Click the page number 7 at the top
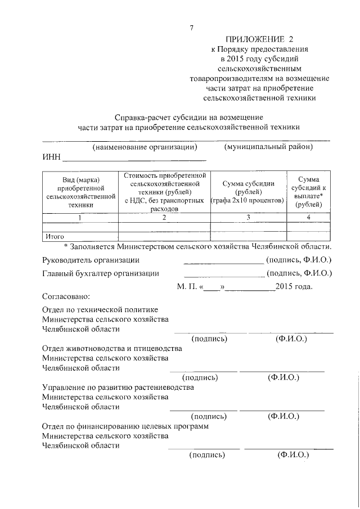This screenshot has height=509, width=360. pyautogui.click(x=192, y=28)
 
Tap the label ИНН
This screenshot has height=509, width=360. pyautogui.click(x=51, y=157)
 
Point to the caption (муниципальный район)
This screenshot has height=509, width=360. pyautogui.click(x=268, y=147)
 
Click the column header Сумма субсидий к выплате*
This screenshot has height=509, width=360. pyautogui.click(x=308, y=191)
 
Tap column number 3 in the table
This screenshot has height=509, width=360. pyautogui.click(x=247, y=217)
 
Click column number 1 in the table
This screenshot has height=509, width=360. pyautogui.click(x=80, y=217)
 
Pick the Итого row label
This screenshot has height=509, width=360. pyautogui.click(x=55, y=236)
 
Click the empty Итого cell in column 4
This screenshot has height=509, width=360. pyautogui.click(x=308, y=236)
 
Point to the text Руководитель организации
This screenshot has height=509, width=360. pyautogui.click(x=91, y=259)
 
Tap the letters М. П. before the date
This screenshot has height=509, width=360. pyautogui.click(x=185, y=286)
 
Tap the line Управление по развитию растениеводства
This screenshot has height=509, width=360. pyautogui.click(x=118, y=387)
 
